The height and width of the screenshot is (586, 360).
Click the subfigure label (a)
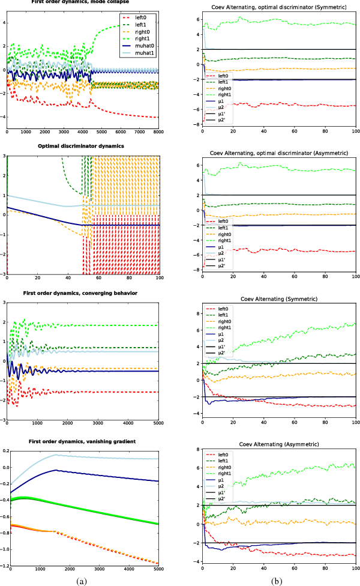(82, 581)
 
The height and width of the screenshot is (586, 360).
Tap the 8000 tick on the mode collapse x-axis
(158, 132)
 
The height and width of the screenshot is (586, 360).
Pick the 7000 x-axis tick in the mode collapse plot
(139, 132)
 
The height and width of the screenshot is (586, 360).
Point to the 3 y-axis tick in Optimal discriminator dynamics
(3, 156)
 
